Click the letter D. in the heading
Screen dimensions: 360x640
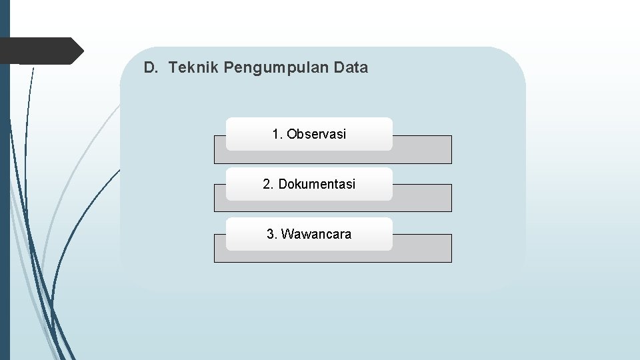click(151, 67)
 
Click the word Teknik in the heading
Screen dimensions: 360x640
click(194, 67)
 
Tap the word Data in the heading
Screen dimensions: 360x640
click(351, 67)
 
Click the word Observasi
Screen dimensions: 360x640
click(317, 134)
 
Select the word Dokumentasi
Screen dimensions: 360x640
click(317, 184)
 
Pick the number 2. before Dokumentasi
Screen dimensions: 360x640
click(268, 184)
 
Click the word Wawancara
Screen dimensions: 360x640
click(316, 234)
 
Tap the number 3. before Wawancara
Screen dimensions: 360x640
click(271, 234)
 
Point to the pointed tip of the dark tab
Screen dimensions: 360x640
click(82, 51)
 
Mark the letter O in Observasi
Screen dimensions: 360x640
click(292, 134)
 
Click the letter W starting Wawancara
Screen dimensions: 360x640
click(287, 234)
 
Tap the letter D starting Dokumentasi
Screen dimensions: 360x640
click(283, 184)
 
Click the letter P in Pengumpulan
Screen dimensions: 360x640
click(229, 67)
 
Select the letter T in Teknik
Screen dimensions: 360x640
click(173, 67)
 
